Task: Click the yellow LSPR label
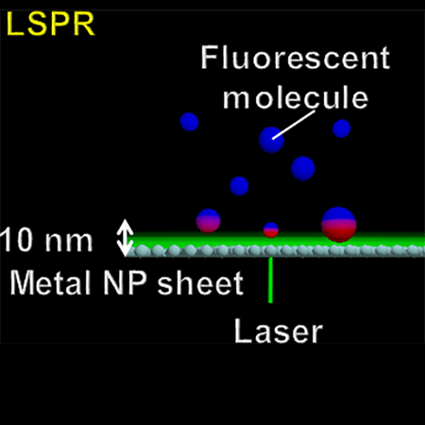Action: pyautogui.click(x=50, y=24)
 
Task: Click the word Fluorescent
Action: pyautogui.click(x=296, y=57)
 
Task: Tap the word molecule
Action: pyautogui.click(x=296, y=97)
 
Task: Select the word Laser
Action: pyautogui.click(x=279, y=331)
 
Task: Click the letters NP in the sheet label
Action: pyautogui.click(x=125, y=282)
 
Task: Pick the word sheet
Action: pyautogui.click(x=200, y=283)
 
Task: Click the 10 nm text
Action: pyautogui.click(x=46, y=240)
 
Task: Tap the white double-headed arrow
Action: pyautogui.click(x=125, y=237)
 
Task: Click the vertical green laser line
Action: pyautogui.click(x=270, y=280)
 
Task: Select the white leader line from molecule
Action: pyautogui.click(x=294, y=125)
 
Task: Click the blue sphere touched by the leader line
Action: pyautogui.click(x=271, y=140)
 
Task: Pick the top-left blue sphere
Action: pyautogui.click(x=189, y=122)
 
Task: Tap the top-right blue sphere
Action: pyautogui.click(x=342, y=128)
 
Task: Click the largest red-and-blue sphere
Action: pyautogui.click(x=339, y=225)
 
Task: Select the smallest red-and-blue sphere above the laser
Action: pyautogui.click(x=271, y=230)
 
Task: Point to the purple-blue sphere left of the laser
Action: pyautogui.click(x=208, y=221)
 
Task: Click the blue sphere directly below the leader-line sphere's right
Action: pyautogui.click(x=303, y=168)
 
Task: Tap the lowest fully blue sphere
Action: pyautogui.click(x=239, y=186)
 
